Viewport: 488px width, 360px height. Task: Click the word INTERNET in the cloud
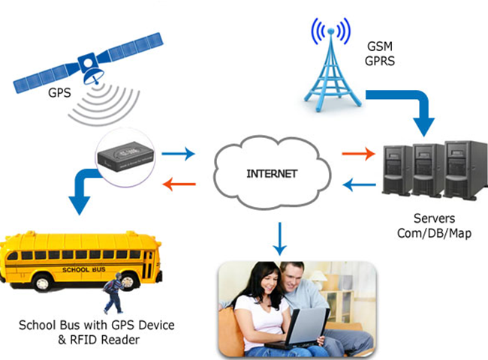click(272, 174)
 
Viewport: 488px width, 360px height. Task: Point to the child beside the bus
click(113, 292)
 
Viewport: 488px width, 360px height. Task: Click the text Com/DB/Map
click(429, 233)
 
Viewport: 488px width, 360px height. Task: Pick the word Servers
click(429, 218)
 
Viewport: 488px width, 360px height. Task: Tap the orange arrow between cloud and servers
click(357, 154)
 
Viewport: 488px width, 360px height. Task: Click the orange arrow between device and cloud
click(181, 182)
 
